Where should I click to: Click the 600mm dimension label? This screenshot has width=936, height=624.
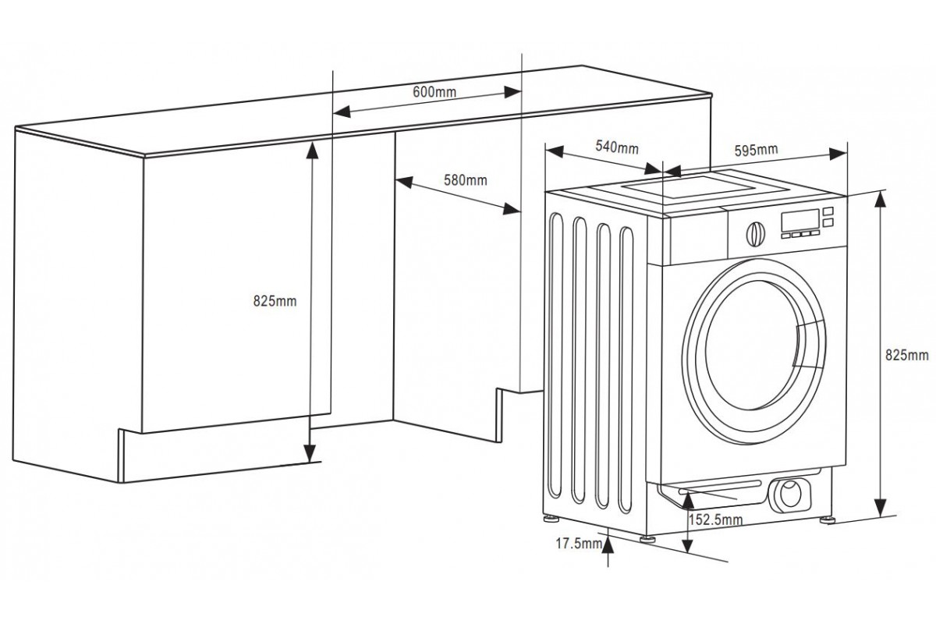coord(434,92)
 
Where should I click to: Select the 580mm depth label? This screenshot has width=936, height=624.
coord(465,180)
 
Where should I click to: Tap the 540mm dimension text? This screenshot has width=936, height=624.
coord(617,147)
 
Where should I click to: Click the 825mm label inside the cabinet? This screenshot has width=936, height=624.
coord(275,302)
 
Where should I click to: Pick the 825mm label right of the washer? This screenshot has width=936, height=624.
coord(906,356)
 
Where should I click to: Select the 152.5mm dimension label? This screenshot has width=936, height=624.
coord(715,520)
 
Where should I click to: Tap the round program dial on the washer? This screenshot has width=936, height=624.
coord(754,233)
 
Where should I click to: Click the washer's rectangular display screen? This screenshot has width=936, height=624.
coord(799,221)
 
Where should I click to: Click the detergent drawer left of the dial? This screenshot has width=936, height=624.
coord(697,237)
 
